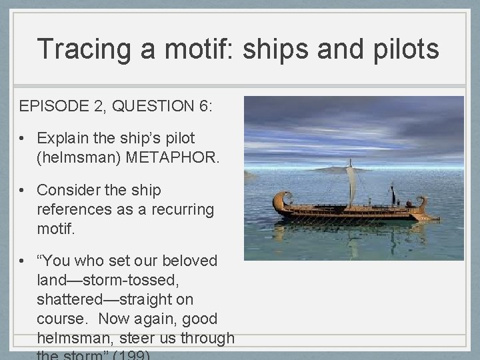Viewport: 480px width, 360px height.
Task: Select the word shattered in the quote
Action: (71, 299)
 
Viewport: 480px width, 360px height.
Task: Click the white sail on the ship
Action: (351, 183)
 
